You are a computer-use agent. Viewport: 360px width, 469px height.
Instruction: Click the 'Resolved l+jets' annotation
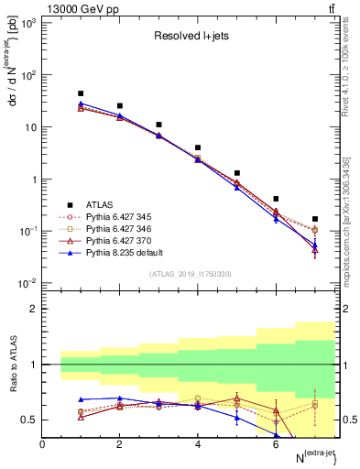pos(190,38)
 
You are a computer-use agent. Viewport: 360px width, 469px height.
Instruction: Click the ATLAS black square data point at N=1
pos(81,93)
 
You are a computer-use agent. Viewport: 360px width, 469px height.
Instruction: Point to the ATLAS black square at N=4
pos(198,147)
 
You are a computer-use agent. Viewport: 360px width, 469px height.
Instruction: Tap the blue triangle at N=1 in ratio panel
pos(81,399)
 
